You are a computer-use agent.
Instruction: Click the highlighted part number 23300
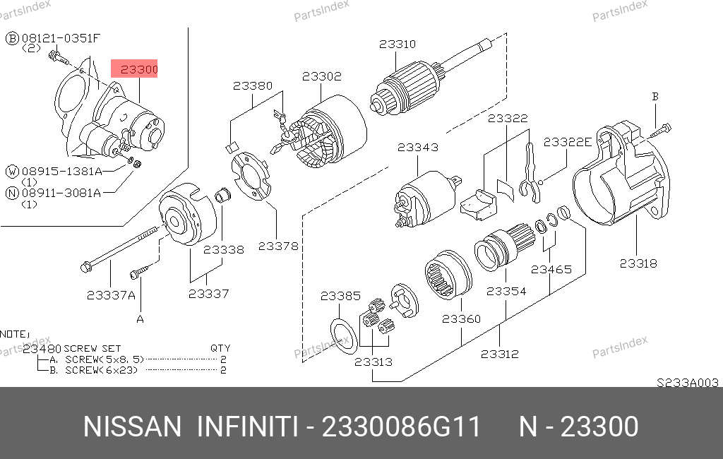point(139,69)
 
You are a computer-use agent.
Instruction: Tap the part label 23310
point(398,44)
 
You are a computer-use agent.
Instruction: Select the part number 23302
point(322,76)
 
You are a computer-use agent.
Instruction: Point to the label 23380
point(253,86)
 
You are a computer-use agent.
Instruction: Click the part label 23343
point(418,147)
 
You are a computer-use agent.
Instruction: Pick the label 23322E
point(568,142)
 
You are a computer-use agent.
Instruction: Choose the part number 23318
point(638,263)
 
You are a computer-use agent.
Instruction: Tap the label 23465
point(551,270)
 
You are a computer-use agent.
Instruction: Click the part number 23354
point(506,292)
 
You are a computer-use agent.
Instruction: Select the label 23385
point(340,296)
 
